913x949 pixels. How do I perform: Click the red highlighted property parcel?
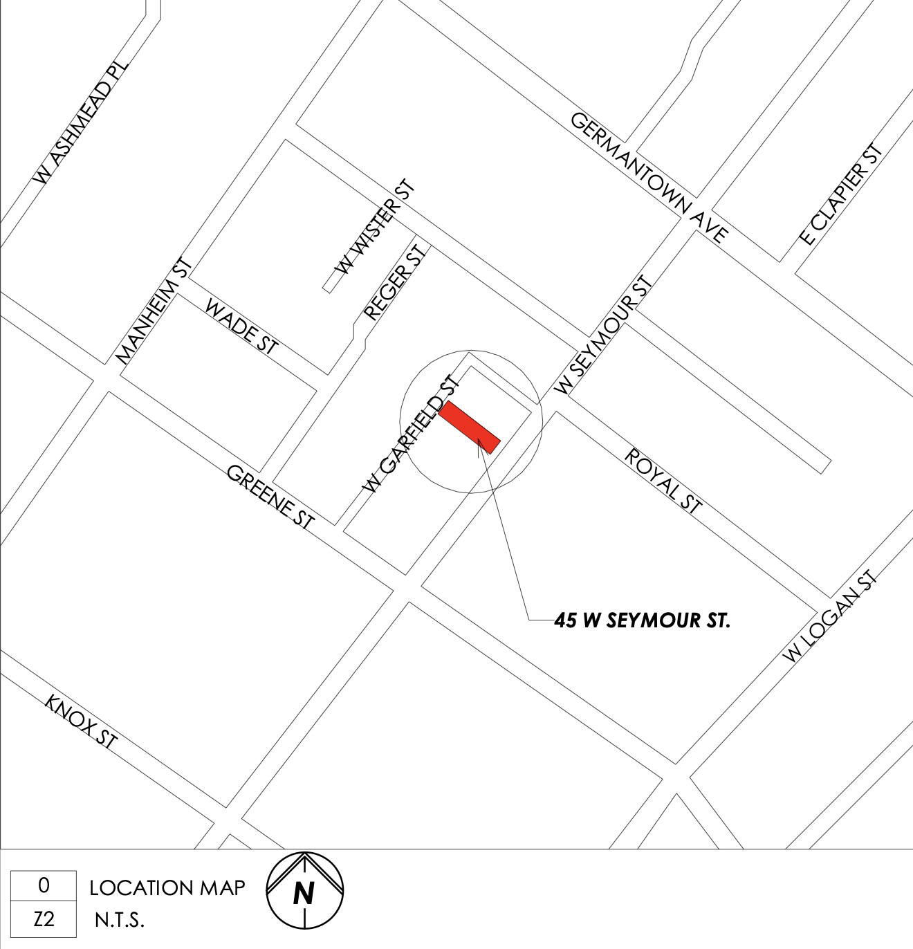470,427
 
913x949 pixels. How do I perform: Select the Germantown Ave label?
649,177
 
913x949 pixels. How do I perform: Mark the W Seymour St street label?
605,336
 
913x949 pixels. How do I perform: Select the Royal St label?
663,481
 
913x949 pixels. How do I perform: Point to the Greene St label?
270,497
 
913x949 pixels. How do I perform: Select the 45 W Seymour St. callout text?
642,620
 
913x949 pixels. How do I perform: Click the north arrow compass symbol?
304,890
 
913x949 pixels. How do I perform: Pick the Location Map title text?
167,887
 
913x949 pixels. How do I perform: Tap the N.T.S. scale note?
119,921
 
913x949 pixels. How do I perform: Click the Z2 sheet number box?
44,920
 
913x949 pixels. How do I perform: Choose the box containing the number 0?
44,885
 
